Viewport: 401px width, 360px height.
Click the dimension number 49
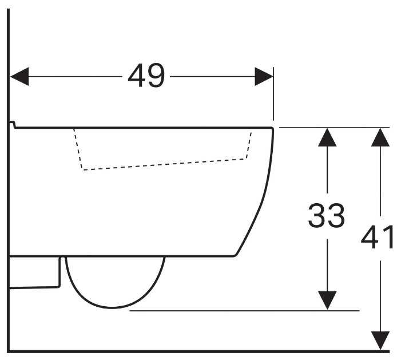(146, 76)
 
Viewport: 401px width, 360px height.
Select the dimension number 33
(327, 215)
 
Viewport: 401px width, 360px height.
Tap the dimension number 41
(378, 237)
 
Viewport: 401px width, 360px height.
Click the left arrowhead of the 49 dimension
(19, 77)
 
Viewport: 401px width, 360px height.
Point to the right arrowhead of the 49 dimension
(264, 77)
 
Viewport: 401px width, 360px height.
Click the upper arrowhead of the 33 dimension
(327, 137)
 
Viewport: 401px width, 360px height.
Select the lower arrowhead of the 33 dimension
(327, 300)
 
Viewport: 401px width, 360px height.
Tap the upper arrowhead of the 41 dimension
(380, 137)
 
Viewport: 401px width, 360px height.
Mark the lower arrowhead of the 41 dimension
(380, 341)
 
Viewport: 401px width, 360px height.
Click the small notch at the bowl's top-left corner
(12, 125)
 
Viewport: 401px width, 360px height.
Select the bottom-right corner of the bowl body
(235, 255)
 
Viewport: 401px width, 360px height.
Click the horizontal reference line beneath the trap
(244, 311)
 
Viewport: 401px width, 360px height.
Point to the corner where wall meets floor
(9, 351)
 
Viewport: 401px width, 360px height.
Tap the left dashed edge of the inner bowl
(78, 149)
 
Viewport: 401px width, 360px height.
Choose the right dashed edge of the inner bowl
(249, 145)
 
